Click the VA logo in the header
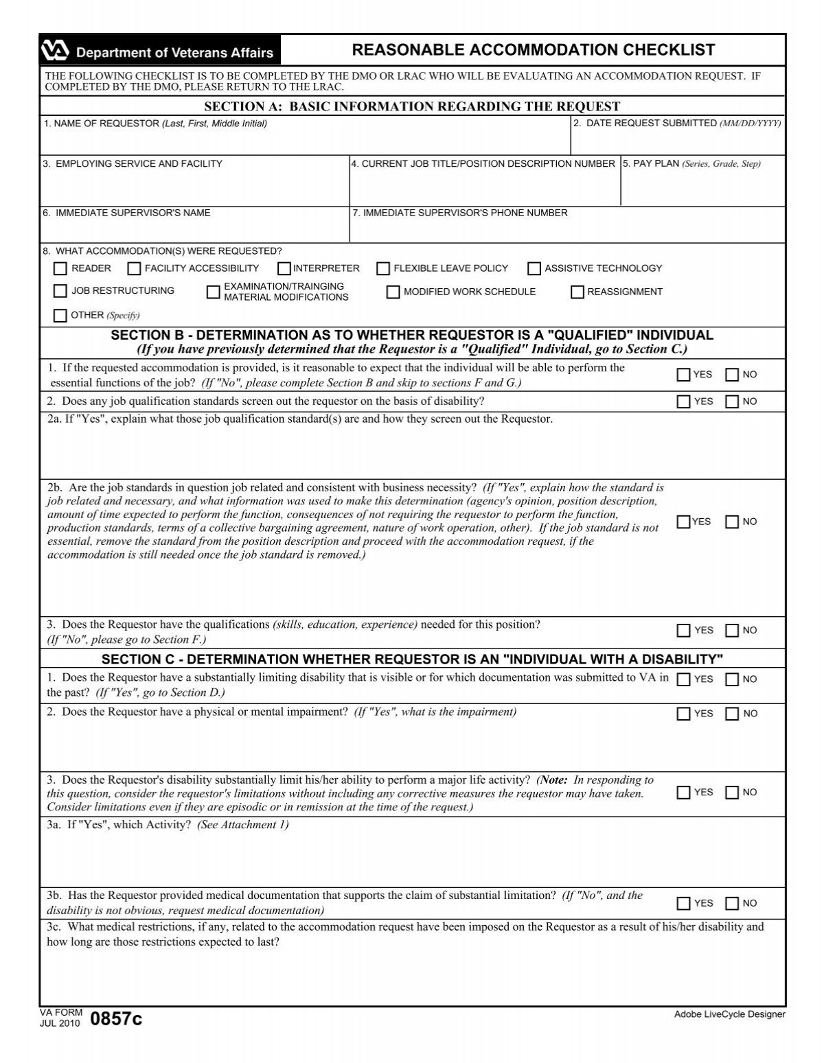[55, 51]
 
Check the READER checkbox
[60, 268]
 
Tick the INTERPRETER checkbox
[284, 268]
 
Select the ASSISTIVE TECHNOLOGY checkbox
[534, 268]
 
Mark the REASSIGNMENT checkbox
[577, 292]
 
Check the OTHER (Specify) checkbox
[60, 316]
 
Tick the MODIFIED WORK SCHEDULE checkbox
[393, 292]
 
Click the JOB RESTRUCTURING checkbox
[60, 291]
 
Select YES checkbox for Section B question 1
[683, 375]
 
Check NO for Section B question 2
[732, 401]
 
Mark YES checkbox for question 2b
[683, 522]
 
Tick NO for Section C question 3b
[732, 903]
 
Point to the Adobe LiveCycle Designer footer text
[729, 1014]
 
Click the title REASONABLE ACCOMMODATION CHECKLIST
[533, 50]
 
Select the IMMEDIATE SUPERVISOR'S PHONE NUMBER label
[459, 213]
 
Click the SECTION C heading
[412, 659]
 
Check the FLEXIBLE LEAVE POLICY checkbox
[383, 268]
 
